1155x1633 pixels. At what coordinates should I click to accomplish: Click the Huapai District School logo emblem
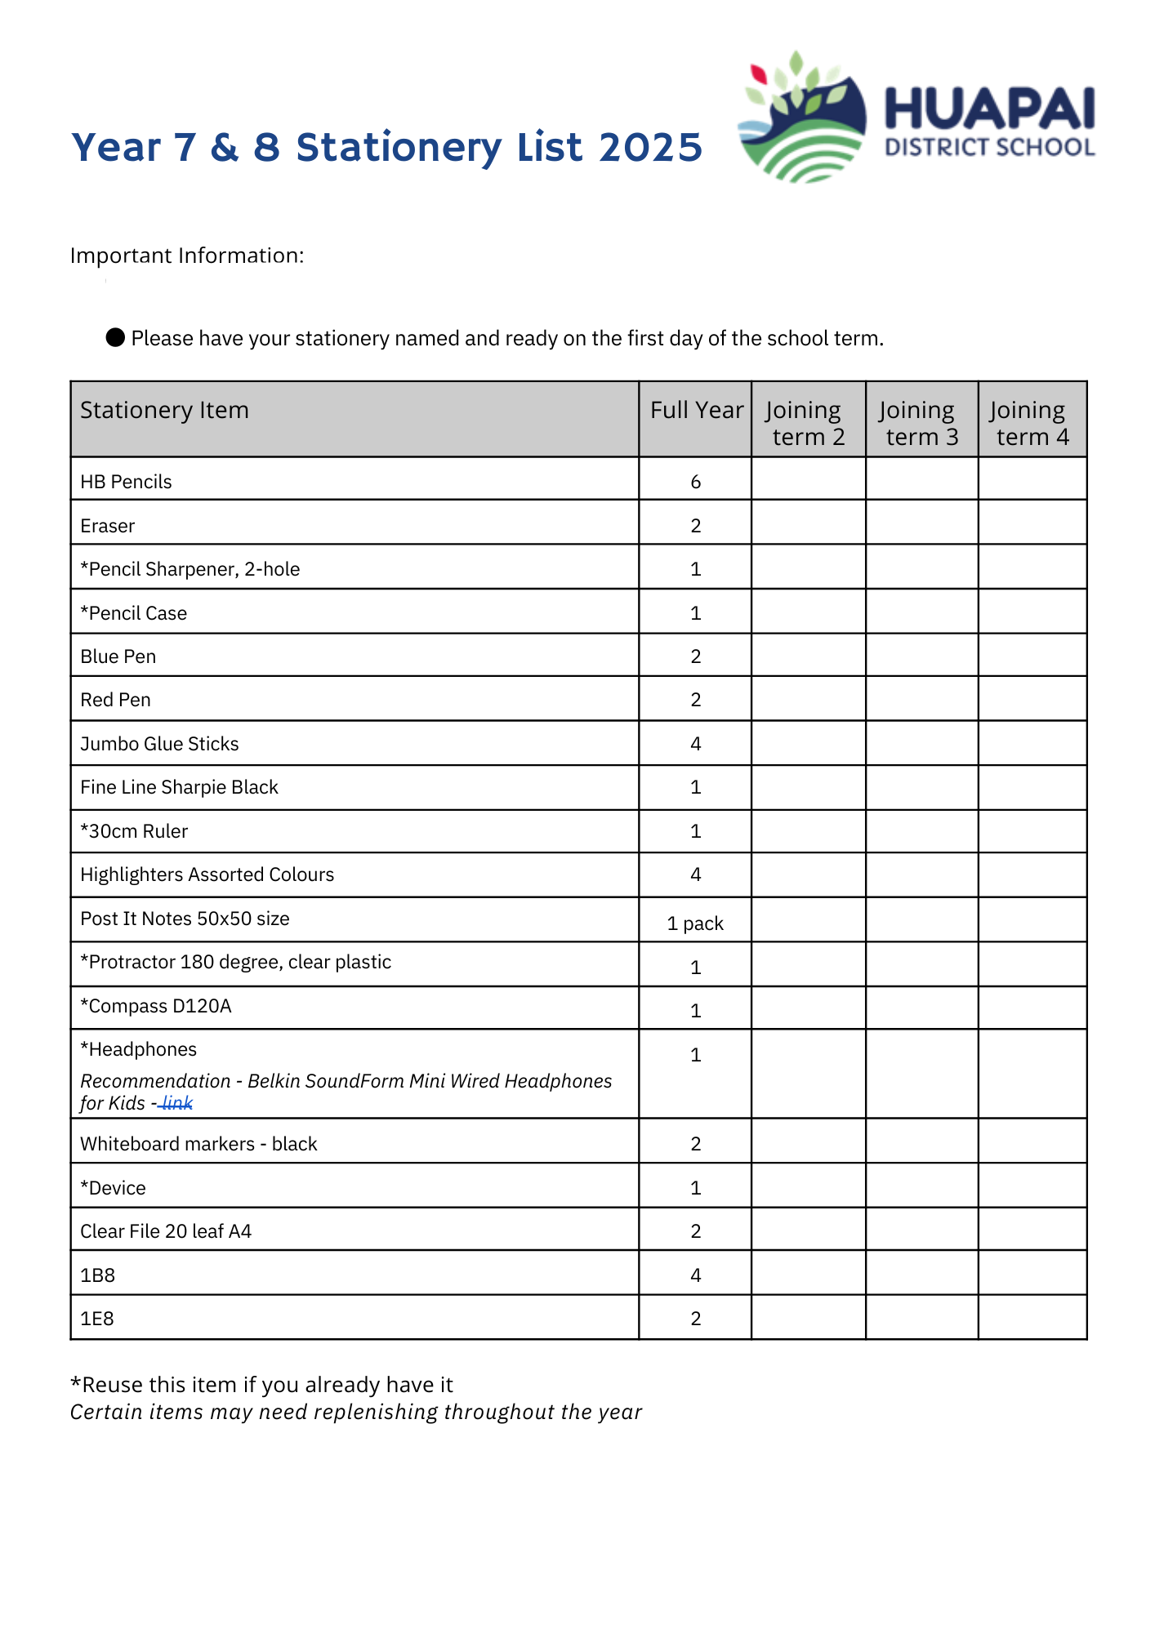800,118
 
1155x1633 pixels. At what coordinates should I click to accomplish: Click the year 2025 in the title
650,148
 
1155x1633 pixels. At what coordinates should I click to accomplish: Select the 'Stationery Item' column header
164,410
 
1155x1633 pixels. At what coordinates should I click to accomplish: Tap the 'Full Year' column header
696,410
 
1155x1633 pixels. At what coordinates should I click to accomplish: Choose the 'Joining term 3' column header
921,423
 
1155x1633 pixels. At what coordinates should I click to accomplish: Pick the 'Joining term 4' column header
1032,423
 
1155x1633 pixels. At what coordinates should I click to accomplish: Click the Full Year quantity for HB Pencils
695,482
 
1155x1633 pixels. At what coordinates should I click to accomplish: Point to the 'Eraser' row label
108,526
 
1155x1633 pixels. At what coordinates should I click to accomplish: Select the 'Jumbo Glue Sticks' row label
159,744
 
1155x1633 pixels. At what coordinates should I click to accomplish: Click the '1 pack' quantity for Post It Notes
695,923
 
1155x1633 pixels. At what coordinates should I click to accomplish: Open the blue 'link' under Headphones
177,1104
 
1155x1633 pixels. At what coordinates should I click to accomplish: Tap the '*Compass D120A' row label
156,1006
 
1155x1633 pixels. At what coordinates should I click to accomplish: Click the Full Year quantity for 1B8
695,1275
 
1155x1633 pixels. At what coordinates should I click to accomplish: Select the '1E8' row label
97,1319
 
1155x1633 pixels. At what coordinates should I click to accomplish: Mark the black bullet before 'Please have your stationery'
115,337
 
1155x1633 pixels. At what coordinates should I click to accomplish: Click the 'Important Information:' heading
187,256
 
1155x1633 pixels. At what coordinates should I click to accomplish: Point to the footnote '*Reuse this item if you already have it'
261,1385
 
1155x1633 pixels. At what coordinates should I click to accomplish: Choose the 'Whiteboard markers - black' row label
198,1144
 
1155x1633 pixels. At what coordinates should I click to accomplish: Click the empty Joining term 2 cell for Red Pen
808,699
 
